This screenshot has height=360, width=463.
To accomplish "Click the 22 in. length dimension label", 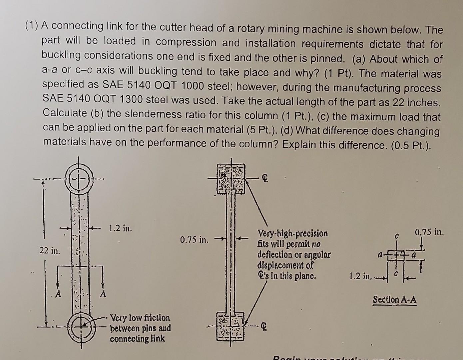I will [49, 250].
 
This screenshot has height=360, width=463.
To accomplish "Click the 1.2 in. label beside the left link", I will [120, 229].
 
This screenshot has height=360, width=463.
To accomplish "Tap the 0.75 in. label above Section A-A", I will [430, 232].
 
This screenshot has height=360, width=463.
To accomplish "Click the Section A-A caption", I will [394, 299].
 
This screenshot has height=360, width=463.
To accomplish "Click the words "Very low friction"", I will [140, 318].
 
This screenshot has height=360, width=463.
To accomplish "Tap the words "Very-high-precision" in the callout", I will [293, 233].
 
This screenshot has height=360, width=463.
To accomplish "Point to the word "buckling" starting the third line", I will [61, 55].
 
